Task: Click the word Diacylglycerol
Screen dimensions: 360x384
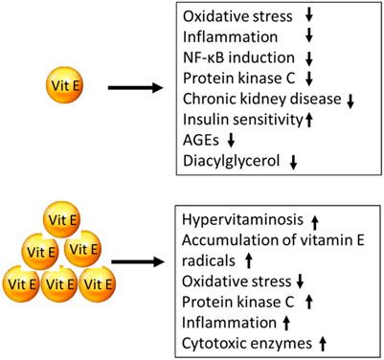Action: (230, 162)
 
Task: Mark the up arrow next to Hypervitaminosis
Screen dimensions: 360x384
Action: (315, 220)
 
